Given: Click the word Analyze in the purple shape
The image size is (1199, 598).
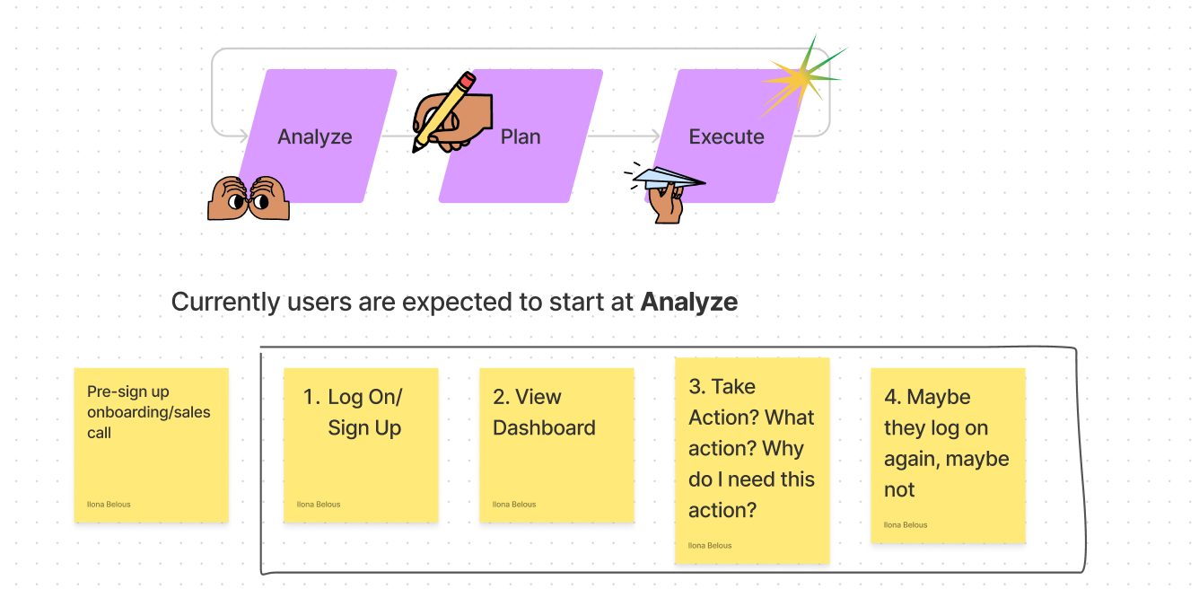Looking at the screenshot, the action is (x=314, y=137).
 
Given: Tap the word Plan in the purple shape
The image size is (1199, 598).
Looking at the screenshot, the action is (x=521, y=137).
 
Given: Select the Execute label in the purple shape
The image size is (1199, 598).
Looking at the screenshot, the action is (x=726, y=137).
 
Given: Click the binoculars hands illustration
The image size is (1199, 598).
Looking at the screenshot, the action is (x=249, y=198).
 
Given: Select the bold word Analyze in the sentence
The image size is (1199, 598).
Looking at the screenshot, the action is (x=688, y=303).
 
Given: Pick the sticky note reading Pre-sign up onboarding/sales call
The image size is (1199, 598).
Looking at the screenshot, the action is (x=151, y=444).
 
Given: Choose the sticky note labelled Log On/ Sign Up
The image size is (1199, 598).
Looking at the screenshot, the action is (x=361, y=444).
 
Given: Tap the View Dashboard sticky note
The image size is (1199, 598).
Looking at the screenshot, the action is (x=556, y=444).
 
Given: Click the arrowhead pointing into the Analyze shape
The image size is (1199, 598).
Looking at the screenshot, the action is (x=243, y=136).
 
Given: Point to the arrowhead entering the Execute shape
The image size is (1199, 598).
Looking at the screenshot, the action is (x=655, y=136).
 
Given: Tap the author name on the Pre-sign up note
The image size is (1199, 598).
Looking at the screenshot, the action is (x=109, y=505).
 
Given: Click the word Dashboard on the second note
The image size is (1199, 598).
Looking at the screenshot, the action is (x=544, y=428).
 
